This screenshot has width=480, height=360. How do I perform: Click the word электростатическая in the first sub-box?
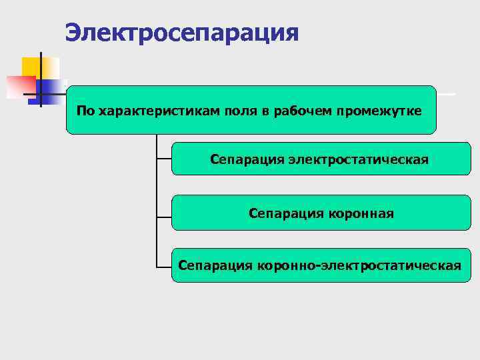coord(358,159)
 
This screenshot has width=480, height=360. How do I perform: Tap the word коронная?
coord(361,213)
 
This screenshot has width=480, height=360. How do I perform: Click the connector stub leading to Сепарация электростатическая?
coord(164,159)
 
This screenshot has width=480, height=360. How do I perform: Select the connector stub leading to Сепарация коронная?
coord(164,217)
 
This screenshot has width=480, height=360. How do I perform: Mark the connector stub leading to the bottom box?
coord(164,266)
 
